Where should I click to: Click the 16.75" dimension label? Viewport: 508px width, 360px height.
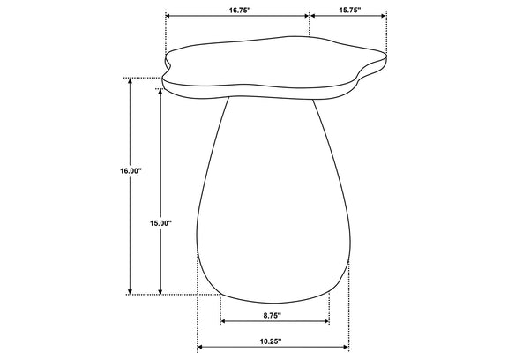click(x=240, y=10)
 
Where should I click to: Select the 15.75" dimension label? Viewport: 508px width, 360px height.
click(x=350, y=10)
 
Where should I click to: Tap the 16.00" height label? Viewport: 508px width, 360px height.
click(x=131, y=171)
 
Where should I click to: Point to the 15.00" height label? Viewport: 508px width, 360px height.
click(x=161, y=223)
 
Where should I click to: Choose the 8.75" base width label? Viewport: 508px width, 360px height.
click(x=272, y=315)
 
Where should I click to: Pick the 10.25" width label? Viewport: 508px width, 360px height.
click(x=271, y=341)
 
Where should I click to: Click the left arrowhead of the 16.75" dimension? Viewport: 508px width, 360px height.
click(x=168, y=16)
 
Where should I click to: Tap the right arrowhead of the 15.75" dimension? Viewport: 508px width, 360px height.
click(x=384, y=16)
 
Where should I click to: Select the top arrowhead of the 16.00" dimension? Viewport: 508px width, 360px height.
click(x=131, y=80)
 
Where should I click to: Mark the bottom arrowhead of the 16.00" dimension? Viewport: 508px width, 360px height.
click(x=131, y=292)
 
